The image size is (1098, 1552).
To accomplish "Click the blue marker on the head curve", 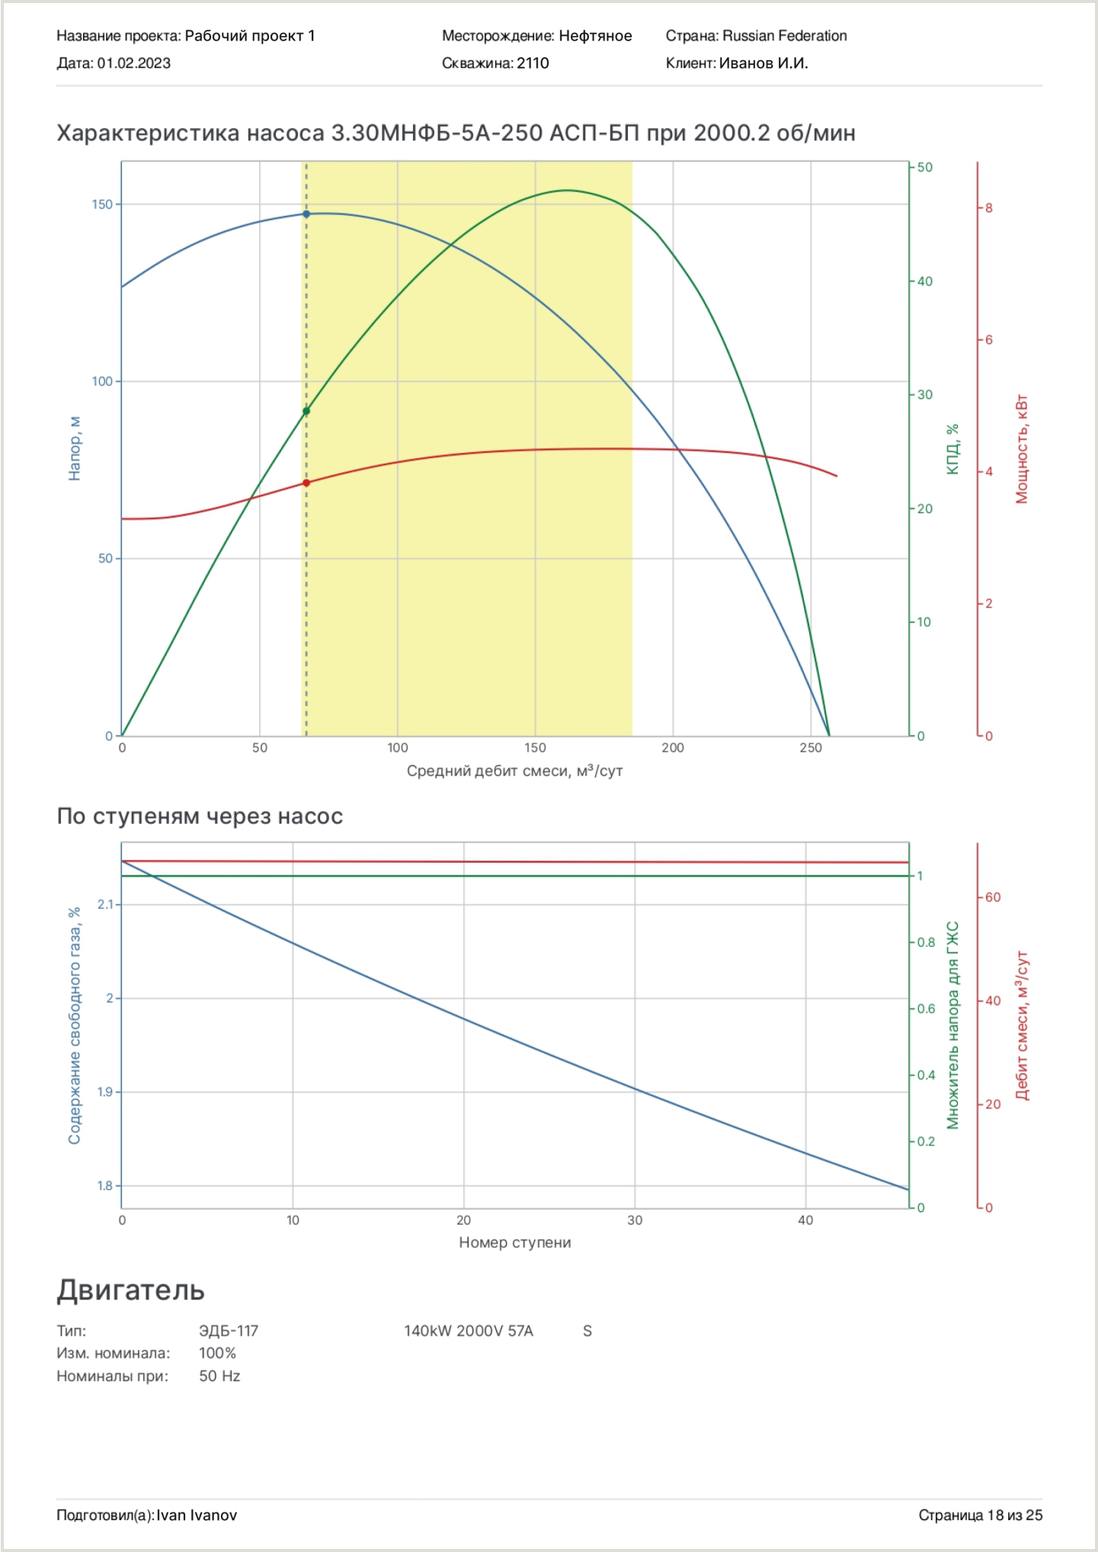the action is pyautogui.click(x=306, y=214).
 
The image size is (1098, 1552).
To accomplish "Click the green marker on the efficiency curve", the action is pyautogui.click(x=306, y=412).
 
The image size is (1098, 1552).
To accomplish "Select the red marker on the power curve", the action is pyautogui.click(x=306, y=483).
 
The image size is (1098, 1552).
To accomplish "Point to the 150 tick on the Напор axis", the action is pyautogui.click(x=102, y=204).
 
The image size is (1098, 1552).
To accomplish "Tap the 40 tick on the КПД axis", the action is pyautogui.click(x=924, y=281).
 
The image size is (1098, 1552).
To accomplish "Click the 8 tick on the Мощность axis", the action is pyautogui.click(x=988, y=208).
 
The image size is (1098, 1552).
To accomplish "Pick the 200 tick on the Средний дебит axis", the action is pyautogui.click(x=673, y=748).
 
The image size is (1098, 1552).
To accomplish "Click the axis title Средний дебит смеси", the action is pyautogui.click(x=514, y=771).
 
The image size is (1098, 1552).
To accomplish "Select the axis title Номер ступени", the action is pyautogui.click(x=514, y=1243).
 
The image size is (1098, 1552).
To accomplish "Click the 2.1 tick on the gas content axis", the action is pyautogui.click(x=105, y=904).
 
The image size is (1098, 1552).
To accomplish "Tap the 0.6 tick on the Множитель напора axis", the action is pyautogui.click(x=926, y=1008).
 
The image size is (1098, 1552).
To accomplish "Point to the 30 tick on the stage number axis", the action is pyautogui.click(x=635, y=1220).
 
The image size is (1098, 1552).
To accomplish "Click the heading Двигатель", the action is pyautogui.click(x=130, y=1290).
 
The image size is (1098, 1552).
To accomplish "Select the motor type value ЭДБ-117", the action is pyautogui.click(x=229, y=1331).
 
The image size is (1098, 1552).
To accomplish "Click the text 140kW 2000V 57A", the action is pyautogui.click(x=468, y=1331).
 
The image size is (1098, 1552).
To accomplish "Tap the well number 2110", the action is pyautogui.click(x=533, y=63).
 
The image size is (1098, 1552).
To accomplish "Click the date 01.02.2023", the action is pyautogui.click(x=133, y=63).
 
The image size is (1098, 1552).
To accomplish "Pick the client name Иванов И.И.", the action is pyautogui.click(x=763, y=63).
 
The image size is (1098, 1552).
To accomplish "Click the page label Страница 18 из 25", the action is pyautogui.click(x=980, y=1515).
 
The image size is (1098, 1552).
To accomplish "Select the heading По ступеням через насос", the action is pyautogui.click(x=200, y=816).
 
